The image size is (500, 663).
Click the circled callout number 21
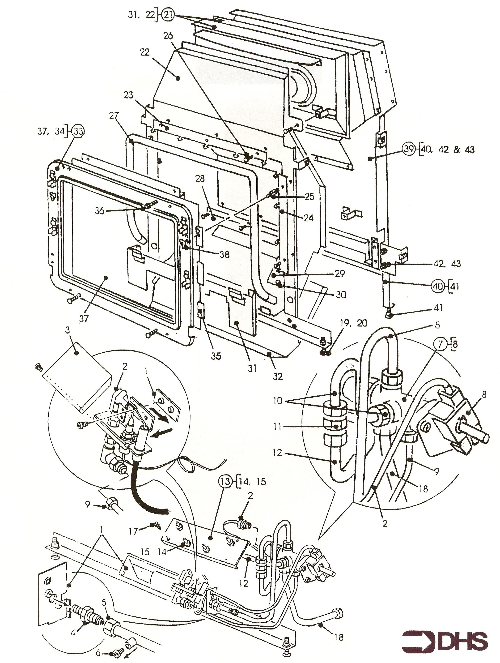tap(168, 15)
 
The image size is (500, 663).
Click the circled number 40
tap(438, 287)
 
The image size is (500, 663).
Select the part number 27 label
tap(114, 115)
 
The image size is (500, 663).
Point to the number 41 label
tap(438, 308)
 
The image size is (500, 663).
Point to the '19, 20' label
tap(353, 323)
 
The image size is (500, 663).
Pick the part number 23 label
tap(128, 95)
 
